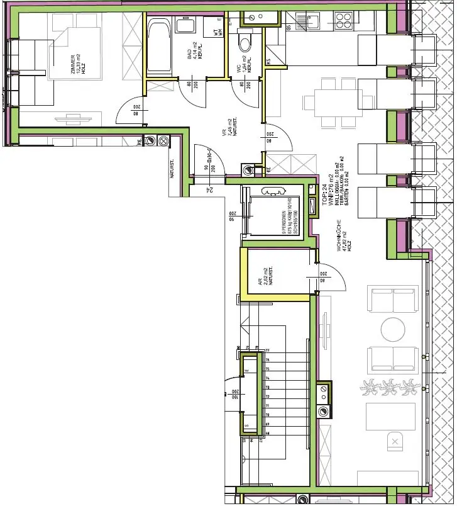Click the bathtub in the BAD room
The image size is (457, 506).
click(159, 47)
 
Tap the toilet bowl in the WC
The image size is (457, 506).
click(245, 43)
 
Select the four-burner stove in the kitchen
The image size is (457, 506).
click(344, 21)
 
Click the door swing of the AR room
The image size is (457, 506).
click(331, 277)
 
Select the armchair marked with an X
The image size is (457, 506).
click(394, 442)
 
